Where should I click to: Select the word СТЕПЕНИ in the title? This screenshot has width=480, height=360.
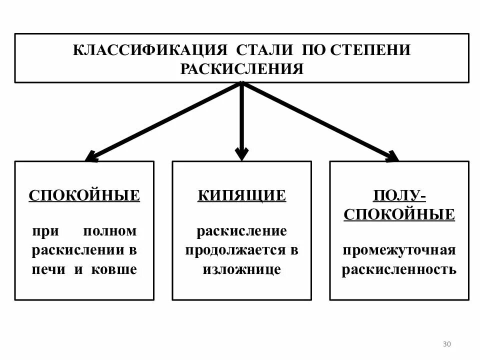click(370, 51)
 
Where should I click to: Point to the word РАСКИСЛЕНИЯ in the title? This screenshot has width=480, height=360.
click(242, 68)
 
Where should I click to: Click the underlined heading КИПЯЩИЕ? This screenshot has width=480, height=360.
click(241, 195)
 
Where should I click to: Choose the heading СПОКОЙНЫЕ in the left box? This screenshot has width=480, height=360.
click(84, 195)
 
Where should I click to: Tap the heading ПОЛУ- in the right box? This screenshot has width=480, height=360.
click(399, 195)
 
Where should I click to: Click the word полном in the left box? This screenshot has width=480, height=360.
click(110, 231)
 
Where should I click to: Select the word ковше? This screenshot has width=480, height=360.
click(114, 269)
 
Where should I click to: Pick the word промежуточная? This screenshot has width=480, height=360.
click(399, 250)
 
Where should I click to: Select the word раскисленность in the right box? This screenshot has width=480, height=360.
click(399, 269)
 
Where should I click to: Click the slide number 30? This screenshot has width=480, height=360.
click(446, 344)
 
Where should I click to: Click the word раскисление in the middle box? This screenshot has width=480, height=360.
click(241, 231)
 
